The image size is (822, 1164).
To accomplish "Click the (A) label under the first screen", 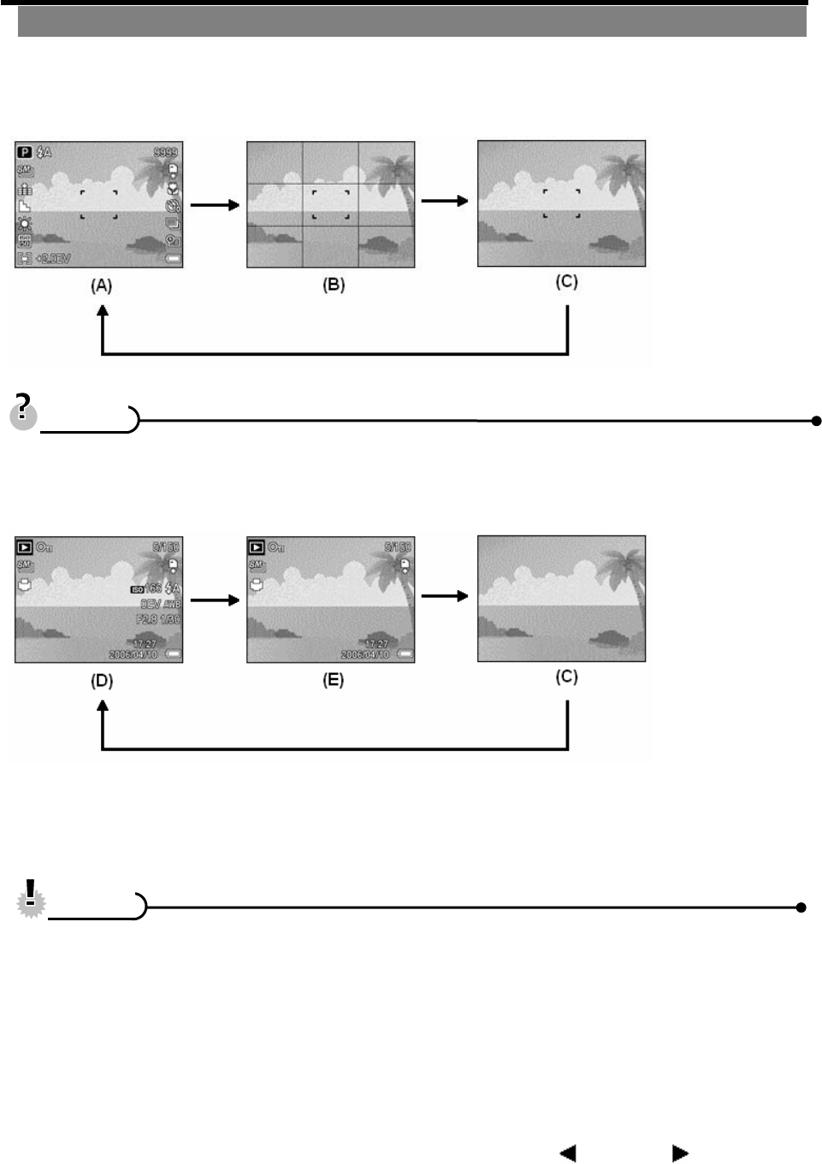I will (x=102, y=286).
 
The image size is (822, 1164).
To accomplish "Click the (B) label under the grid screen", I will (x=334, y=285).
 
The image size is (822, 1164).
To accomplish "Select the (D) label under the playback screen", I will (x=102, y=681).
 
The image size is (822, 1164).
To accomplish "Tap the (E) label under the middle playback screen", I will (x=333, y=680).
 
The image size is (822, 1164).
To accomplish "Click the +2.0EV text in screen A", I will (x=53, y=258).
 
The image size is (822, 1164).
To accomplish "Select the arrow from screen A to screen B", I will (x=215, y=205).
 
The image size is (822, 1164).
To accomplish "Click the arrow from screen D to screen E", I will (x=215, y=600).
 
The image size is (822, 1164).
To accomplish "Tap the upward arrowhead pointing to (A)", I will (x=103, y=313).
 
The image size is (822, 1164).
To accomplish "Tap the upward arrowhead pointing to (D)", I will (x=103, y=708).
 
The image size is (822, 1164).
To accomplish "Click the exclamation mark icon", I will (x=32, y=898).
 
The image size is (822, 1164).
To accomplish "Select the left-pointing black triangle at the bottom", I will (x=567, y=1153).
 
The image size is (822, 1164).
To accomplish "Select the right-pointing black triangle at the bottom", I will (x=680, y=1153).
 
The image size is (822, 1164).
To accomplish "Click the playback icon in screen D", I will (x=25, y=547).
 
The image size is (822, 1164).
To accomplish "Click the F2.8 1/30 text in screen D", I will (x=157, y=619).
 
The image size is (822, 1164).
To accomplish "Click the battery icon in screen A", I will (x=174, y=258).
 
